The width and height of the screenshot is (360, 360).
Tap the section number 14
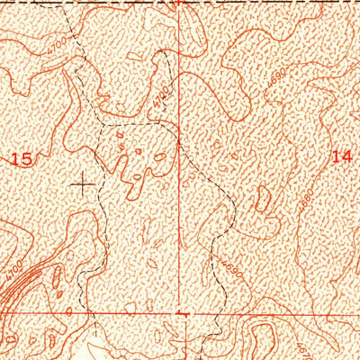[x=341, y=157]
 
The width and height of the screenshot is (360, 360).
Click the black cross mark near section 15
[x=84, y=184]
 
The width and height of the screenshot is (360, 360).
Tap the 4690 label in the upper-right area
[x=275, y=80]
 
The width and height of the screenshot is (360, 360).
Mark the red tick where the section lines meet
[x=183, y=315]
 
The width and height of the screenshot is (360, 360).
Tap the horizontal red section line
[x=270, y=315]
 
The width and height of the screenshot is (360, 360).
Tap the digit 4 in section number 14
[x=346, y=157]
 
